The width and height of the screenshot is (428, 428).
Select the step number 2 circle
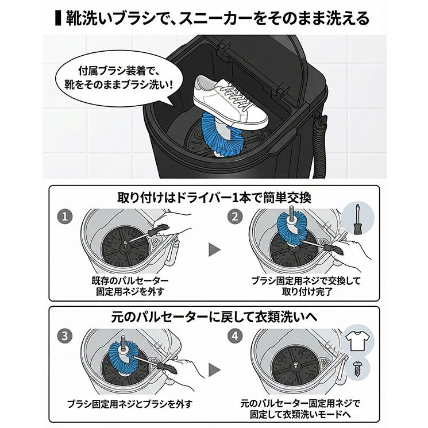(234, 217)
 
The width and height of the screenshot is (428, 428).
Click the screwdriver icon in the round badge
(354, 218)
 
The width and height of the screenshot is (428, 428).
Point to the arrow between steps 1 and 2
(214, 249)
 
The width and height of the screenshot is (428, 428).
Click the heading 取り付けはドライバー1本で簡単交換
(214, 198)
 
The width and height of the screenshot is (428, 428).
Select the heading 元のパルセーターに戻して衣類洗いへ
(214, 317)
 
